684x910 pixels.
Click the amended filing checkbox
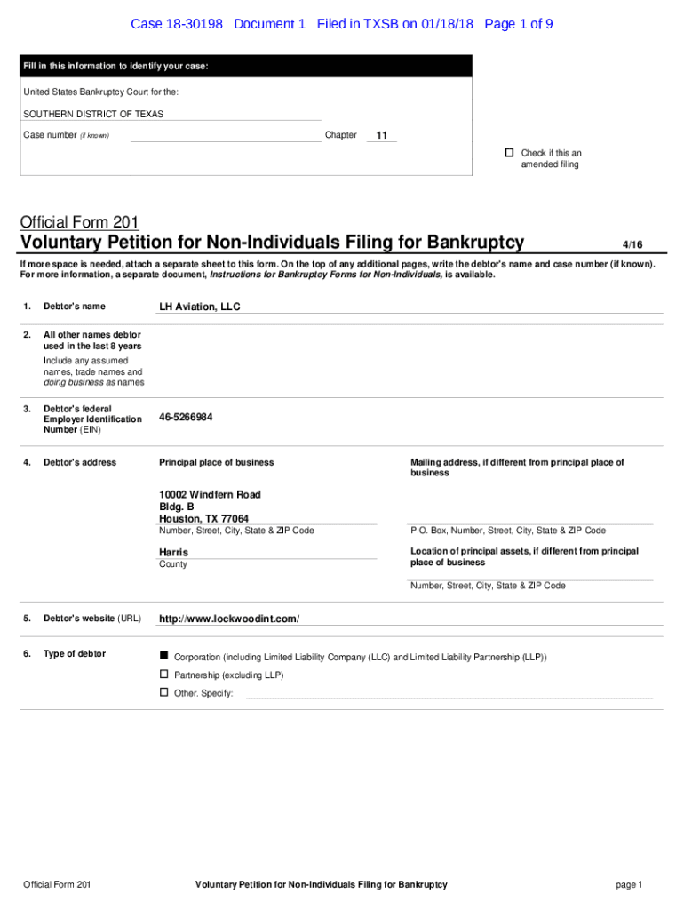[510, 153]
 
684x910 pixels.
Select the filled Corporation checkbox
[163, 655]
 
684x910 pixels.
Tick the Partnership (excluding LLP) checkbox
[163, 675]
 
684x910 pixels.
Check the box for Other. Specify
[163, 692]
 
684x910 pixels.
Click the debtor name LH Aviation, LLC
[200, 307]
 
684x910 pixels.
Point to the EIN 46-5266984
[186, 417]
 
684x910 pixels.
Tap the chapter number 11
[382, 136]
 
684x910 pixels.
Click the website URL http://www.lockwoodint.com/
[229, 619]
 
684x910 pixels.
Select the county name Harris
[173, 552]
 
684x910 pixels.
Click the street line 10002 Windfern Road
[210, 494]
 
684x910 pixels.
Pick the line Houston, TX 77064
[203, 519]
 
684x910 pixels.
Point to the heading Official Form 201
[79, 222]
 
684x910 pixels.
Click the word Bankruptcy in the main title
[475, 243]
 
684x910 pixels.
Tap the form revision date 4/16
[632, 244]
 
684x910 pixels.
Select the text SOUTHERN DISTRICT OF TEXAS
[93, 114]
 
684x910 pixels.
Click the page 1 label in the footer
[628, 884]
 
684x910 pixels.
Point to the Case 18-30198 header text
[177, 24]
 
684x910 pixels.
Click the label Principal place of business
[216, 462]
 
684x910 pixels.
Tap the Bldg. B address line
[177, 507]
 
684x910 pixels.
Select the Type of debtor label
[75, 654]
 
